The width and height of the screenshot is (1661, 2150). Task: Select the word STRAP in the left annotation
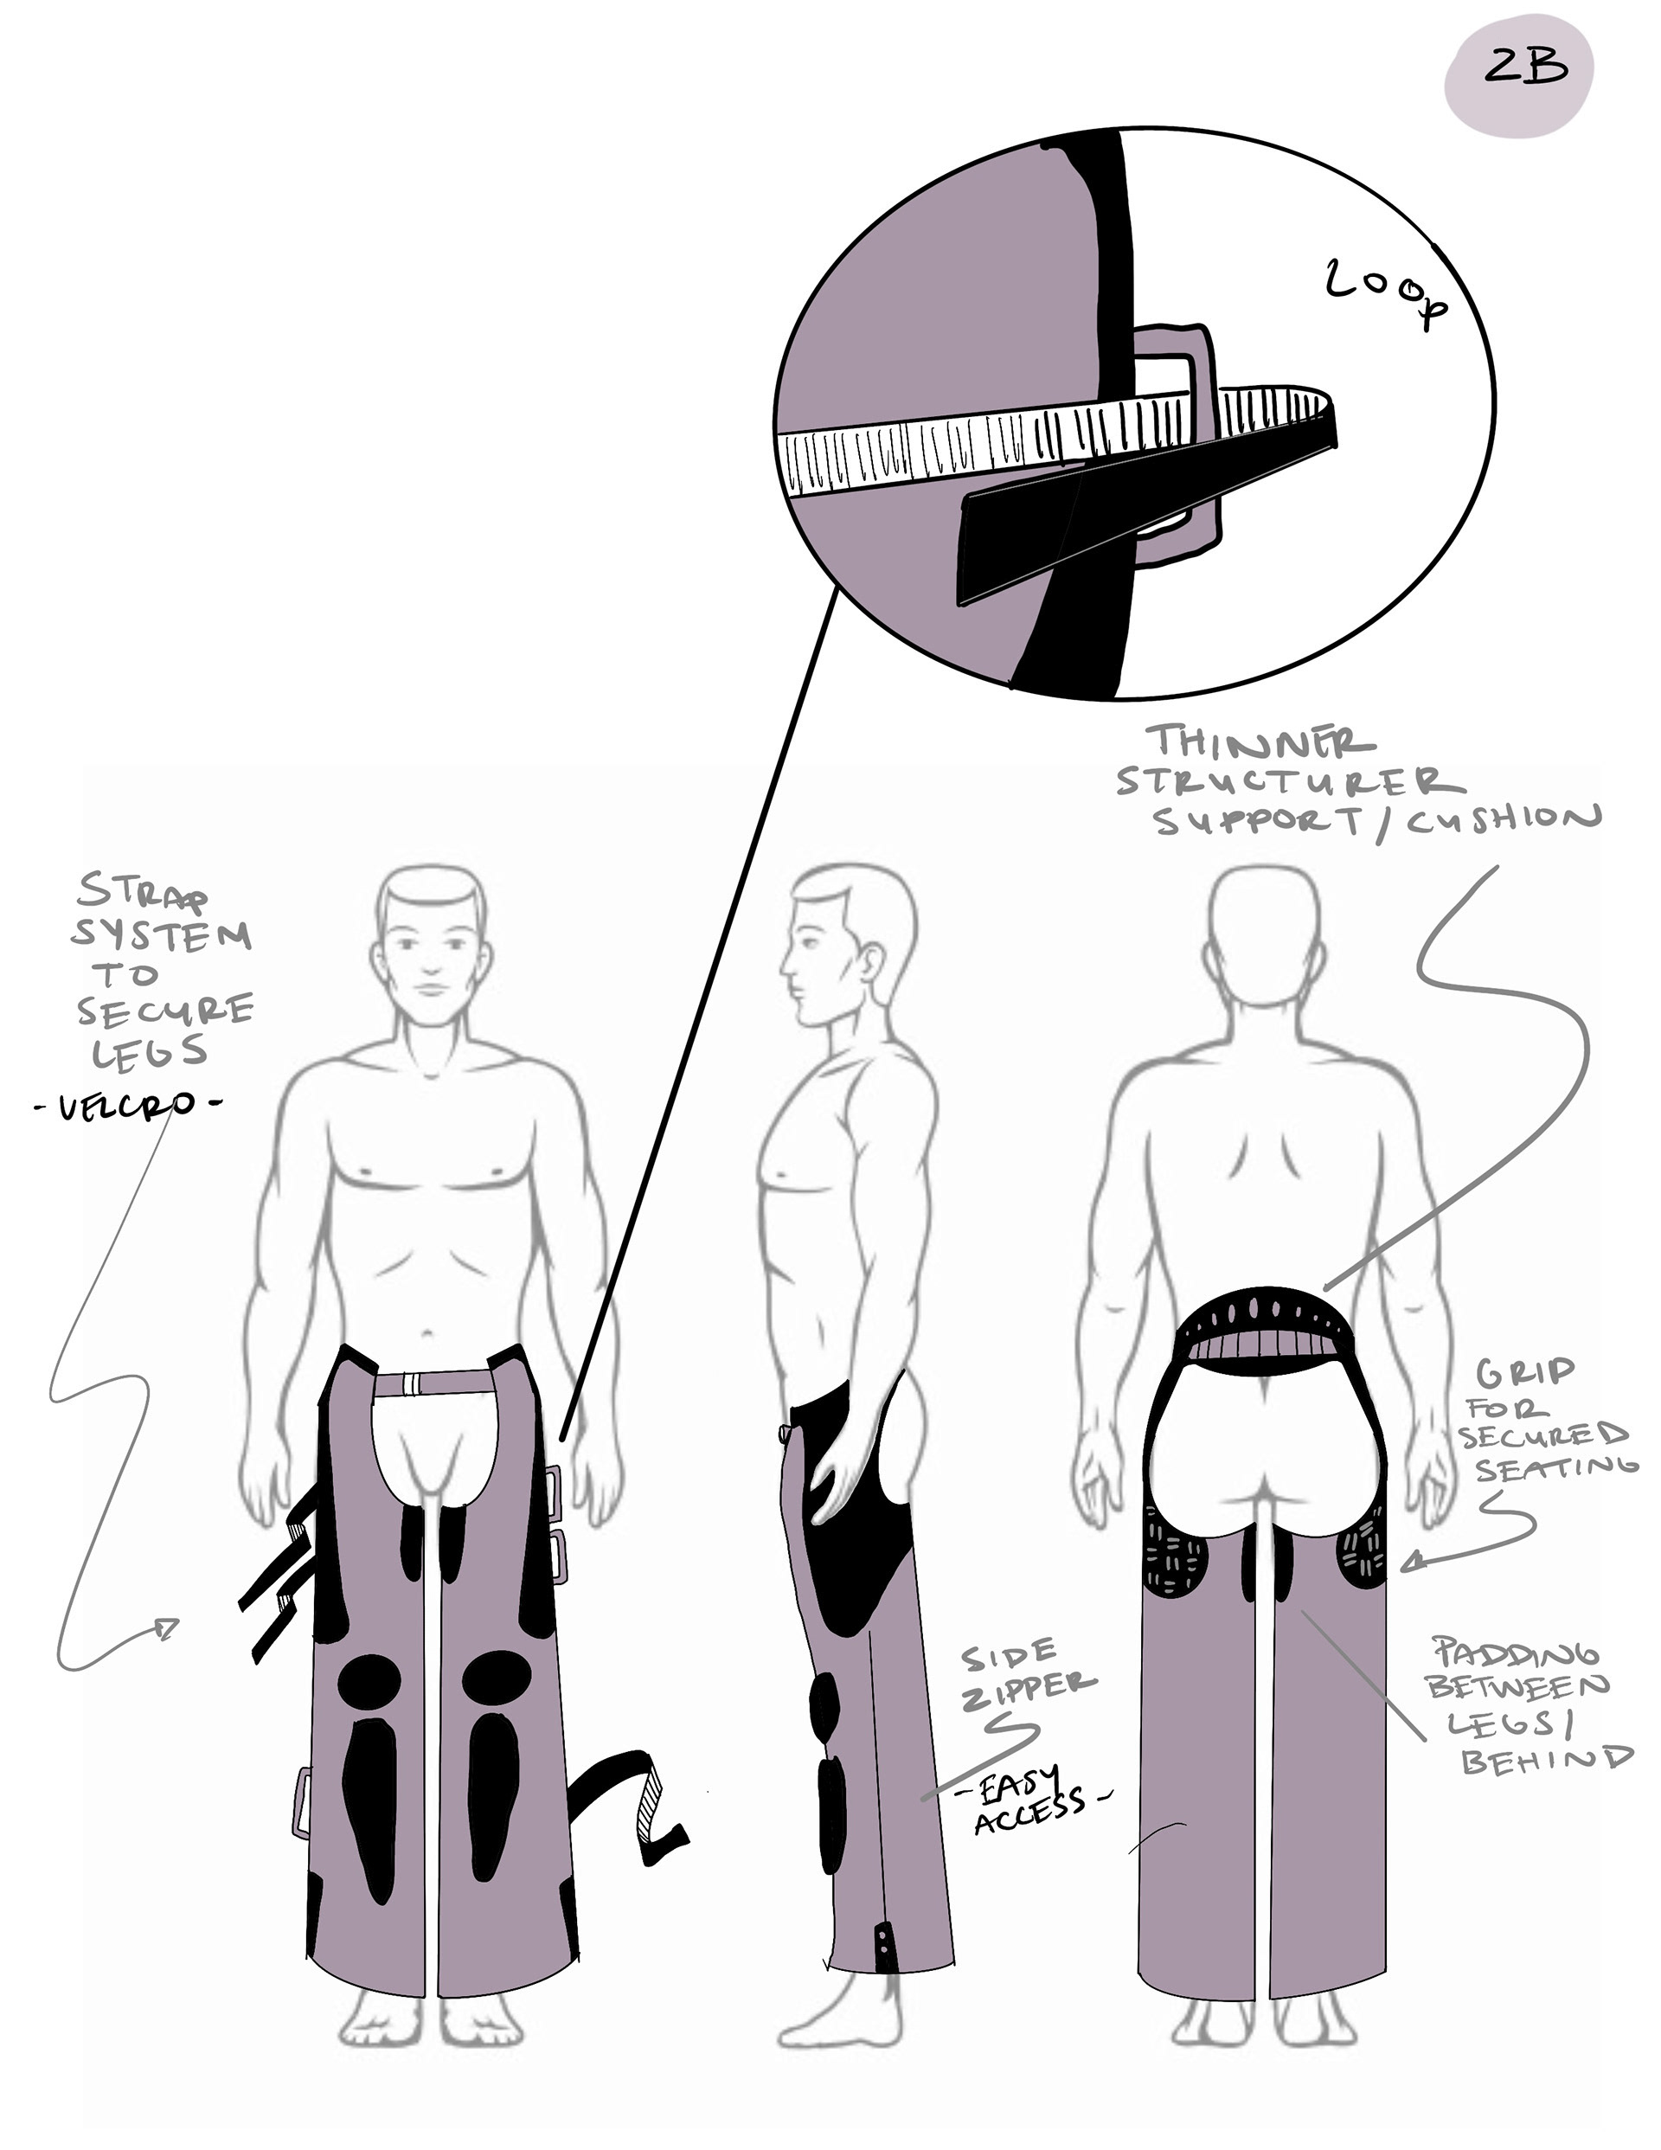click(144, 894)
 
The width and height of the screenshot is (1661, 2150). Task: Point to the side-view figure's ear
click(871, 966)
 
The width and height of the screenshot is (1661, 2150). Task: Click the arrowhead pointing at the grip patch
click(1413, 1563)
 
